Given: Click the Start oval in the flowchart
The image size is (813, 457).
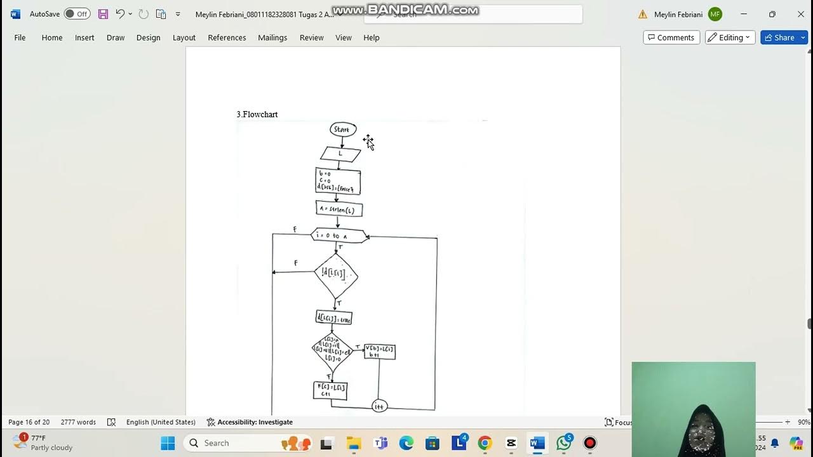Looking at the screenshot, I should click(x=343, y=129).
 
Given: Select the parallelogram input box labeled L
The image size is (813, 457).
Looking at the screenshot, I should click(x=340, y=154).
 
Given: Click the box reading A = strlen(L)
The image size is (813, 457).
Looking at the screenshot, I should click(x=339, y=209).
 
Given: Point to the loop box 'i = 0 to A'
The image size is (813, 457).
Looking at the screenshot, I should click(x=339, y=235).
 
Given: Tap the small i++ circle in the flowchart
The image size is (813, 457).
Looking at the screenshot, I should click(x=379, y=406).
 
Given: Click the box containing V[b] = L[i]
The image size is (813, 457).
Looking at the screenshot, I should click(x=380, y=352).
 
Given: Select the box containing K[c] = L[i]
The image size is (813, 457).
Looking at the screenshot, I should click(x=330, y=390).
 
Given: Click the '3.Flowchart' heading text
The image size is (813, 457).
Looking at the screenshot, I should click(x=257, y=114).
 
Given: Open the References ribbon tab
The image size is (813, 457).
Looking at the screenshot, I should click(x=227, y=37).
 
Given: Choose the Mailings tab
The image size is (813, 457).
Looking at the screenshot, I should click(x=272, y=37).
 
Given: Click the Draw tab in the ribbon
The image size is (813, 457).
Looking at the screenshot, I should click(x=116, y=37).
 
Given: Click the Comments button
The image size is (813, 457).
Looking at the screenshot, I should click(x=671, y=37).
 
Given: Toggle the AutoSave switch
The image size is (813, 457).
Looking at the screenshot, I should click(x=77, y=14).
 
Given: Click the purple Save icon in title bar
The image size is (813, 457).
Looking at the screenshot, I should click(x=103, y=14).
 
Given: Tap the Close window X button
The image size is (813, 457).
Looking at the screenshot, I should click(x=800, y=14).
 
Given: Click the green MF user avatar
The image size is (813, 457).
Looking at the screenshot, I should click(x=715, y=14).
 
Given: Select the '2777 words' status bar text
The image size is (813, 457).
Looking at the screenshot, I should click(x=78, y=422).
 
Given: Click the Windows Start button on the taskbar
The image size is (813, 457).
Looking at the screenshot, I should click(x=168, y=443).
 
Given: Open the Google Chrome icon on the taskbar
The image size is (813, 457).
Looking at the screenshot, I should click(x=485, y=443).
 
